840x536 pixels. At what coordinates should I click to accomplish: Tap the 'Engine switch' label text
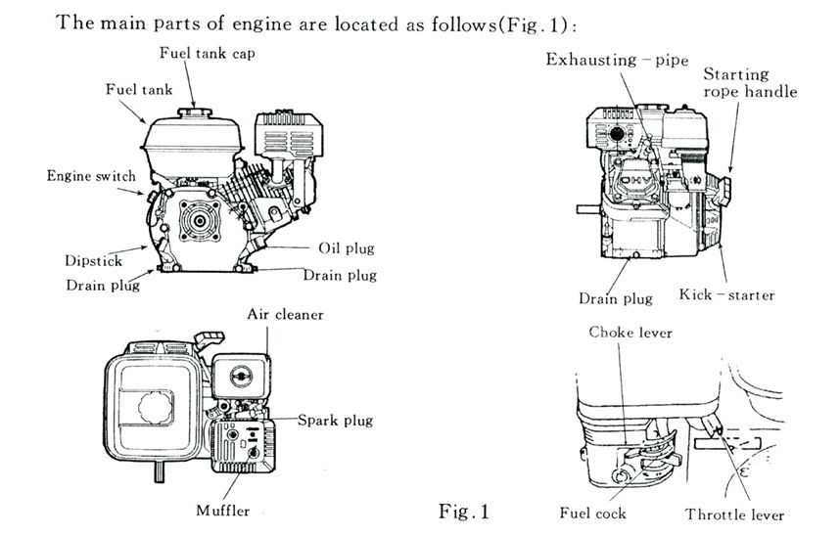(x=91, y=176)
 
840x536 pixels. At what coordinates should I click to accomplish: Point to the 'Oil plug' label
(x=346, y=248)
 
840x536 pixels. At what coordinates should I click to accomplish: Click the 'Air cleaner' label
(x=285, y=315)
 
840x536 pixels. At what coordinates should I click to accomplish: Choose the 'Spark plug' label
(x=335, y=421)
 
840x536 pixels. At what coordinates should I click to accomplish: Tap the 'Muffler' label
(x=222, y=510)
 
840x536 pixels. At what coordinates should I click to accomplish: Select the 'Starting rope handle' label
(x=750, y=83)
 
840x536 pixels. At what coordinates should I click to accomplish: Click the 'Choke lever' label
(x=630, y=333)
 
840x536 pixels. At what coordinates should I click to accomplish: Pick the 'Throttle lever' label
(x=734, y=514)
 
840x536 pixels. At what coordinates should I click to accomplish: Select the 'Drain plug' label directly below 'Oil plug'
(x=339, y=275)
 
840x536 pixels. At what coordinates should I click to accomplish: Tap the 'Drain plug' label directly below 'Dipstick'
(x=103, y=286)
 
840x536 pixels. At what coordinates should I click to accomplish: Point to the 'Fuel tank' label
(x=138, y=89)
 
